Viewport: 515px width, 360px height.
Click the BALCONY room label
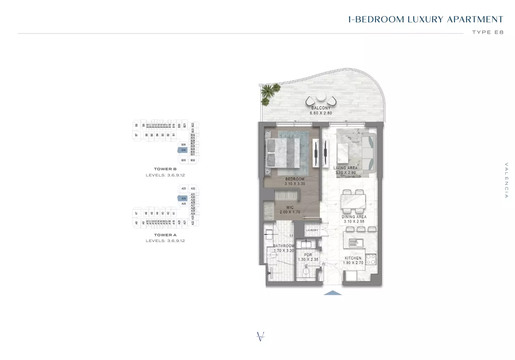pos(321,108)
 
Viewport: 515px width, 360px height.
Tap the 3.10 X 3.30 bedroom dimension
pos(295,184)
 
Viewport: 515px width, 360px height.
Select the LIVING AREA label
pos(345,168)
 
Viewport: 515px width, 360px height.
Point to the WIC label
pos(290,207)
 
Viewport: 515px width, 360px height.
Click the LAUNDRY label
pos(312,230)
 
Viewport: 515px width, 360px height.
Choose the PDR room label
pos(308,255)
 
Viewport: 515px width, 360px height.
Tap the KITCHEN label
pos(353,258)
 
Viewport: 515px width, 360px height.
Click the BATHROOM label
pos(283,246)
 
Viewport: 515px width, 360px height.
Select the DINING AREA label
pos(354,217)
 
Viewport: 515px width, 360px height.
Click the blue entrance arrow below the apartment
pos(333,293)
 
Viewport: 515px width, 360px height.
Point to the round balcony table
pos(321,96)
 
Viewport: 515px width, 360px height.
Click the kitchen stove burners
pos(371,260)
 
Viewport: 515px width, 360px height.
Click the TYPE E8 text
pos(488,32)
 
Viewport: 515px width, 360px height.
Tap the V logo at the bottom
pos(260,337)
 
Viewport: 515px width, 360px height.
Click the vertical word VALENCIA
pos(506,180)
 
